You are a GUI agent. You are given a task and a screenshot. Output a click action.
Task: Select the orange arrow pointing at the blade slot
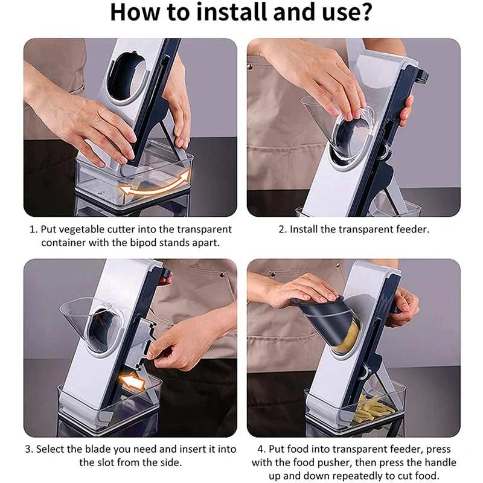point(132,382)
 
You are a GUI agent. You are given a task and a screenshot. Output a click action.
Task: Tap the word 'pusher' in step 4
point(333,462)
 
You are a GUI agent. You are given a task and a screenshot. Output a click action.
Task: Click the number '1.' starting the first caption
point(33,229)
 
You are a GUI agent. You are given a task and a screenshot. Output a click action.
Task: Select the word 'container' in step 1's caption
point(63,243)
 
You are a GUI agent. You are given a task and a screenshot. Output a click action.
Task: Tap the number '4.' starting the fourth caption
point(262,449)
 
